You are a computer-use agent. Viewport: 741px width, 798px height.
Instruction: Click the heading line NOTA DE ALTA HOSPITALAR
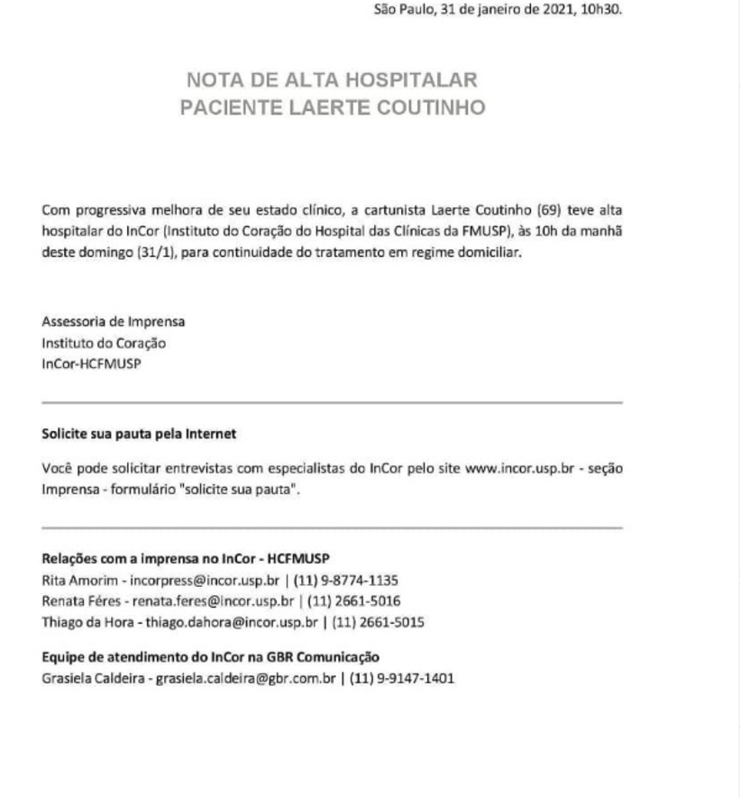pyautogui.click(x=331, y=78)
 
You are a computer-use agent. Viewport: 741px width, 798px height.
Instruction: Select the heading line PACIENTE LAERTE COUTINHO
pyautogui.click(x=333, y=108)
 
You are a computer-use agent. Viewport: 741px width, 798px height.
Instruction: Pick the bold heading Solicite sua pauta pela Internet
pyautogui.click(x=139, y=434)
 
